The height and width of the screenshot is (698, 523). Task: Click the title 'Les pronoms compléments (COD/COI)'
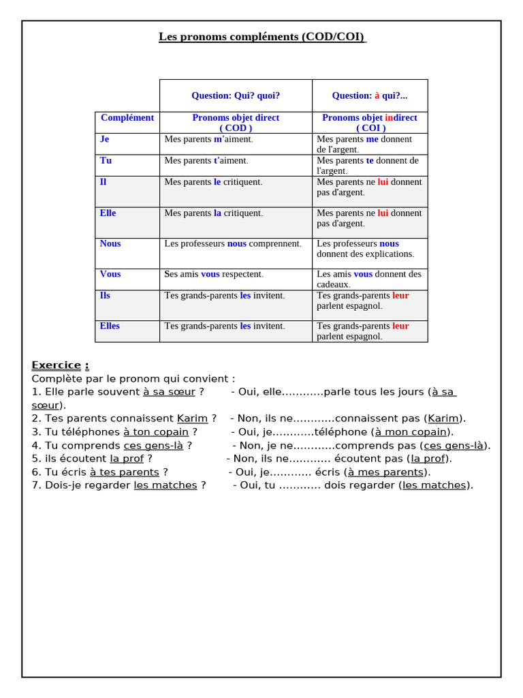(261, 37)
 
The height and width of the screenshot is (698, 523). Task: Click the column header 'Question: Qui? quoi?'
(236, 96)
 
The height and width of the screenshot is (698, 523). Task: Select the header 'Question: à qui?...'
(369, 96)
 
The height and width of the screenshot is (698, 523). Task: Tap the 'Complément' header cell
(127, 118)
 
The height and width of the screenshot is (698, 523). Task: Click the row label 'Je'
(104, 139)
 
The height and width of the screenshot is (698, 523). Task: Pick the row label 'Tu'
(106, 161)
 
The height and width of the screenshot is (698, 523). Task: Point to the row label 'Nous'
(110, 244)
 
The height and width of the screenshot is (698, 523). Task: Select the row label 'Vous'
(110, 275)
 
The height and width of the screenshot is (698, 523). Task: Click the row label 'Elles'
(110, 327)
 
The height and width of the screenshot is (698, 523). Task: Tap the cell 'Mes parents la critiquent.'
(213, 213)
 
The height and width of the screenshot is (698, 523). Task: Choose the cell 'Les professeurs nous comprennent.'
(232, 244)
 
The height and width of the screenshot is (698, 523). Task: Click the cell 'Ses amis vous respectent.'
(213, 275)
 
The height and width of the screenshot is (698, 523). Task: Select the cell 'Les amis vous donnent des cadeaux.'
(369, 279)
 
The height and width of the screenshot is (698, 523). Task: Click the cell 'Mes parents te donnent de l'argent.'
(368, 166)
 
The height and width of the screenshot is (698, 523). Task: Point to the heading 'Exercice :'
(60, 365)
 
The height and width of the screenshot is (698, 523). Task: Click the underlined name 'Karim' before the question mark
(192, 419)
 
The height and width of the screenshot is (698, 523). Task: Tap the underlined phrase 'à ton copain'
(156, 432)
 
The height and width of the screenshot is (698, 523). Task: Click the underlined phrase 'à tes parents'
(125, 472)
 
